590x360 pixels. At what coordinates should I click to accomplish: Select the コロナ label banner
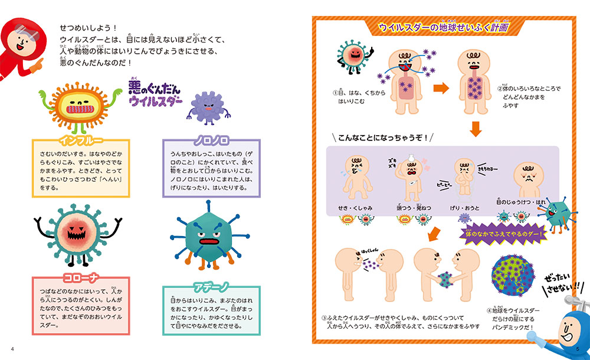point(81,277)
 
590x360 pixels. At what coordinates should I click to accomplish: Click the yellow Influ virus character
point(75,108)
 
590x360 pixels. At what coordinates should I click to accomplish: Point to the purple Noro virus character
point(205,106)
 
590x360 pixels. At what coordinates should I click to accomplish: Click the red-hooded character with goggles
point(21,44)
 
